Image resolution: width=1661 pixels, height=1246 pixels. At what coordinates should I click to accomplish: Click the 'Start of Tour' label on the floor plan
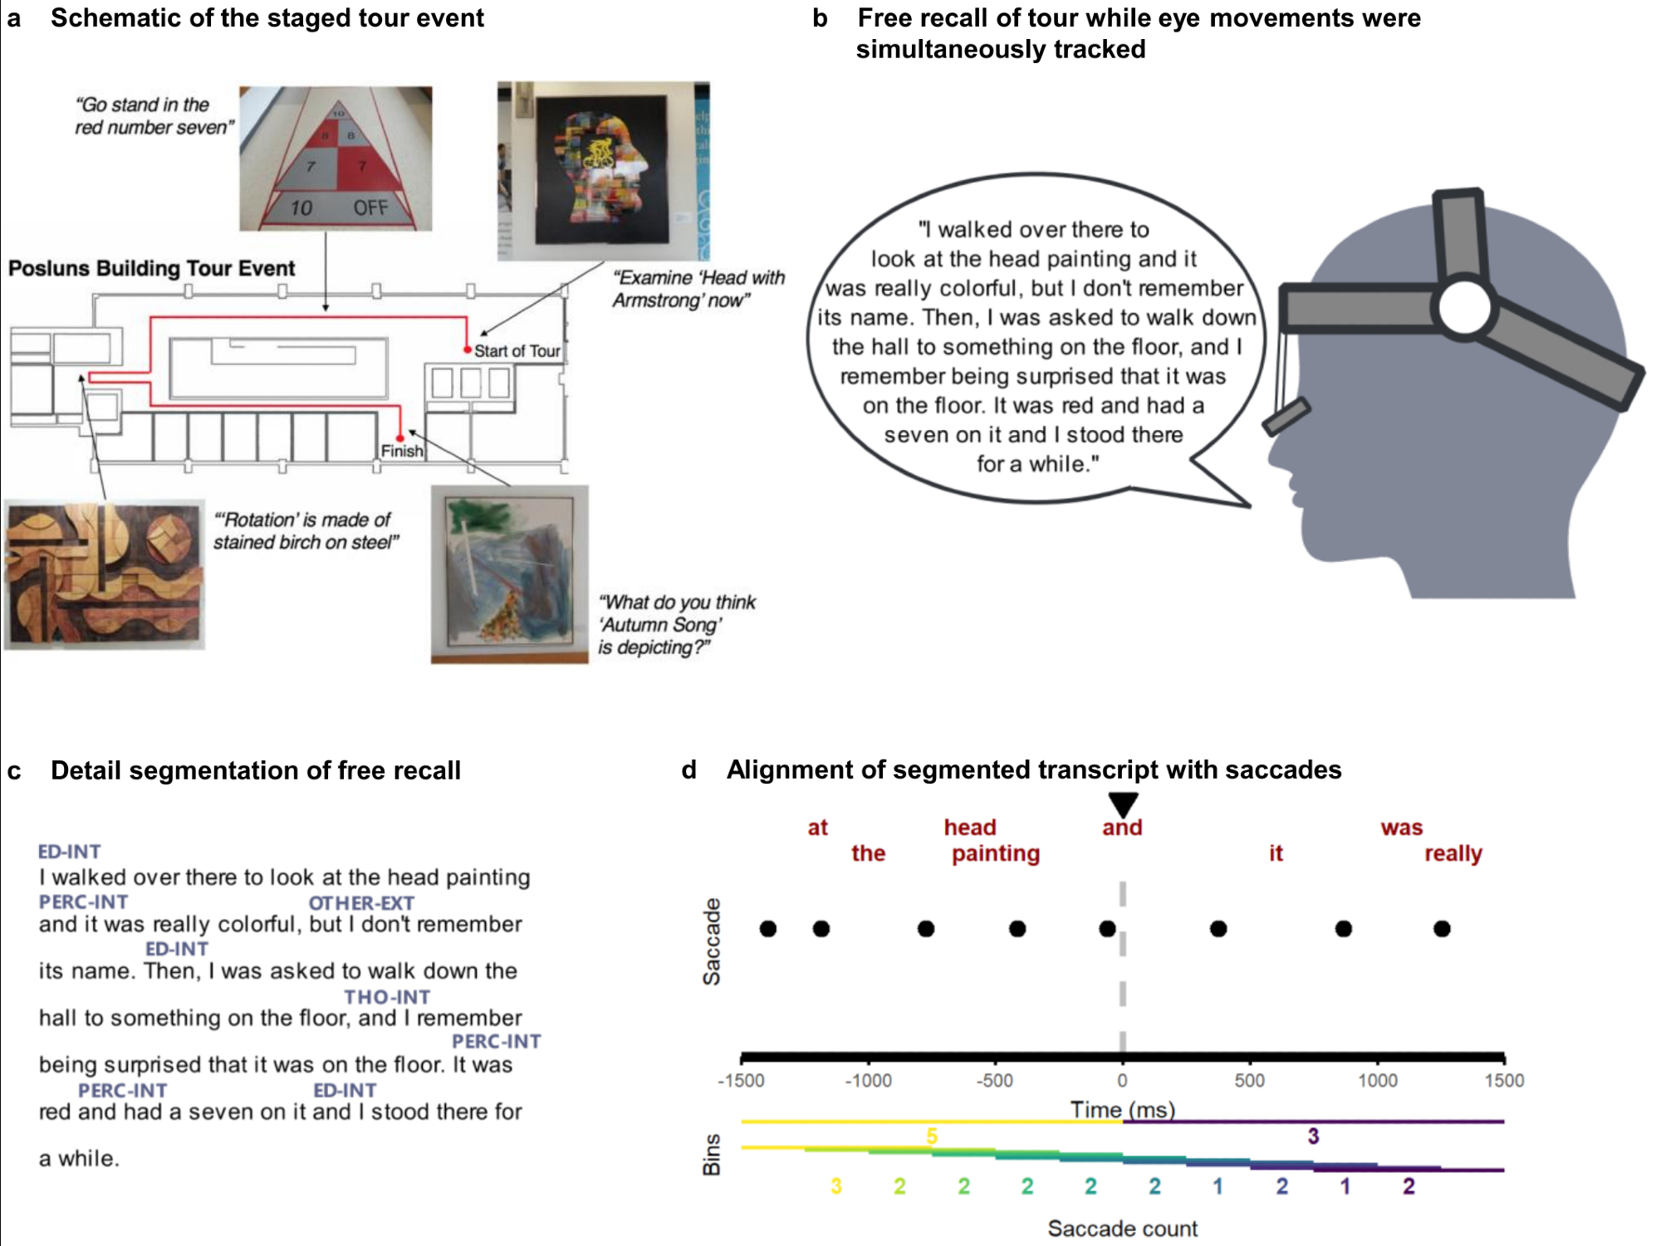(x=517, y=351)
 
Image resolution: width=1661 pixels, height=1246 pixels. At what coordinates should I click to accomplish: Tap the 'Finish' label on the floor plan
(x=402, y=451)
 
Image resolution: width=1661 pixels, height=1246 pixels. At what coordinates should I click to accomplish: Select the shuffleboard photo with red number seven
(x=336, y=158)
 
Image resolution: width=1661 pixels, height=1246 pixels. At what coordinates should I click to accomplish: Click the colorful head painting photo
(x=604, y=170)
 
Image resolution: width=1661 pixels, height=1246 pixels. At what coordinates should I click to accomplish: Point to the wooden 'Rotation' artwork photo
(x=105, y=574)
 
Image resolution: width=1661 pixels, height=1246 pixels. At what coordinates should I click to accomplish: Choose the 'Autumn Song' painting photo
(x=510, y=574)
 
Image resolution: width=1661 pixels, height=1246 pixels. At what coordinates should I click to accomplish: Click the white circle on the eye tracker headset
(x=1465, y=308)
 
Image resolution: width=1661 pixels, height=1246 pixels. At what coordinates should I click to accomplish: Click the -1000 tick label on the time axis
(x=868, y=1081)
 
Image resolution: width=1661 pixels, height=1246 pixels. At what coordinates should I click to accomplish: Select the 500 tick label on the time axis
(x=1249, y=1081)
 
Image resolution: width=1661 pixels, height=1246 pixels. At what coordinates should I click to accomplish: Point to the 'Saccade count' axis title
(x=1122, y=1229)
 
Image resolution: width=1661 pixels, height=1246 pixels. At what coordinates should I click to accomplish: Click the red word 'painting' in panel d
(x=995, y=853)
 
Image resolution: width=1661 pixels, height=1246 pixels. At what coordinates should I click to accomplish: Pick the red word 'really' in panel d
(x=1453, y=853)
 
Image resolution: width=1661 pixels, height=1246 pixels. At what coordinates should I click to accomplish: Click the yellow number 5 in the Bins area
(x=932, y=1136)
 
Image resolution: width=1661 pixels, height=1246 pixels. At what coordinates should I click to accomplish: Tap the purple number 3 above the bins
(x=1313, y=1136)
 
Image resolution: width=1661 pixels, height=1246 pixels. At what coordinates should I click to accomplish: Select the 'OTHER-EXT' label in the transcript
(x=361, y=902)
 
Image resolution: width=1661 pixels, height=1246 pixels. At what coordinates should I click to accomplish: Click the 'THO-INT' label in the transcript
(x=387, y=997)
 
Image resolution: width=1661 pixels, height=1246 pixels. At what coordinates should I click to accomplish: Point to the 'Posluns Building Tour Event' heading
(x=151, y=268)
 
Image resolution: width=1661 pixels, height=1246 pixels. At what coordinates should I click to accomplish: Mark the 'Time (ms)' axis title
(x=1122, y=1110)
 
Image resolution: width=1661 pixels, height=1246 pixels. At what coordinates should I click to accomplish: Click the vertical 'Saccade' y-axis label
(x=712, y=941)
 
